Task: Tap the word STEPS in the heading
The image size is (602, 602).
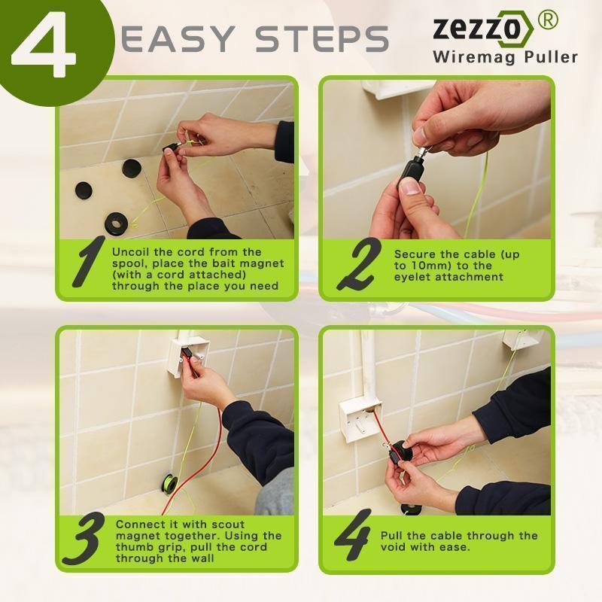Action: [x=321, y=38]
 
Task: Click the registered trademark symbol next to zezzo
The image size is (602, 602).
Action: [x=549, y=20]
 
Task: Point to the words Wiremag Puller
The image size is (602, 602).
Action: [x=504, y=57]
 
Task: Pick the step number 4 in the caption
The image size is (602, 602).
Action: [x=352, y=536]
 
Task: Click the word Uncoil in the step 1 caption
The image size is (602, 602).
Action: [x=132, y=252]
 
